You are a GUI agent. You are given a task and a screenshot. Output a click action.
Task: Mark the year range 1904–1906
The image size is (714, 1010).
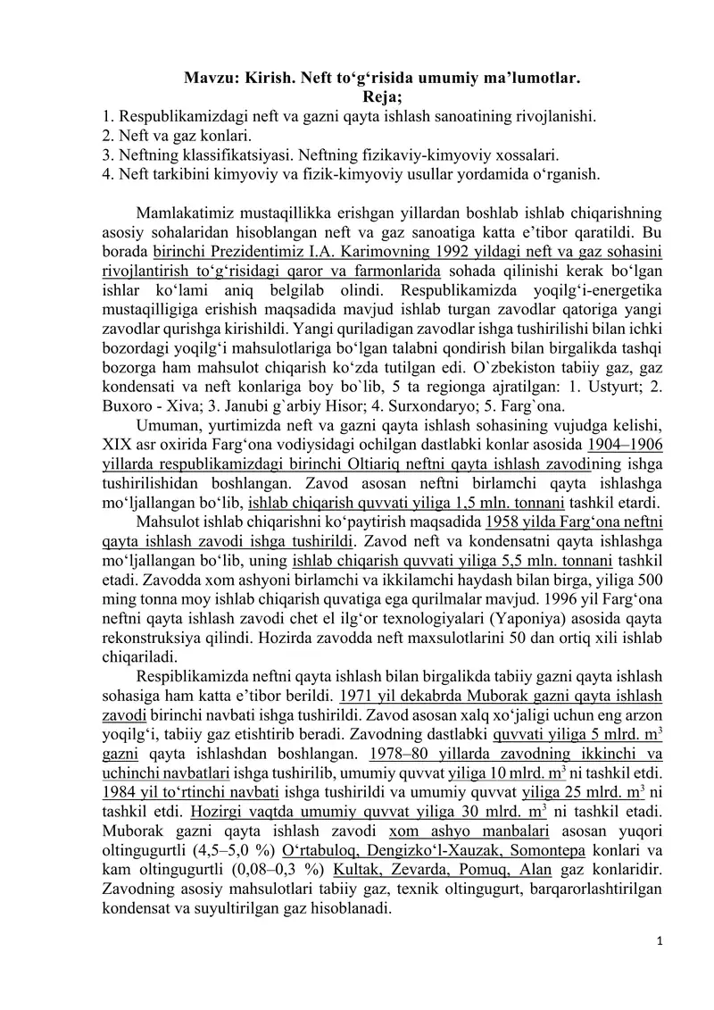pyautogui.click(x=625, y=444)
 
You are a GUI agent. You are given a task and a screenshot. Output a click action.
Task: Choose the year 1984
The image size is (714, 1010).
pyautogui.click(x=120, y=790)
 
